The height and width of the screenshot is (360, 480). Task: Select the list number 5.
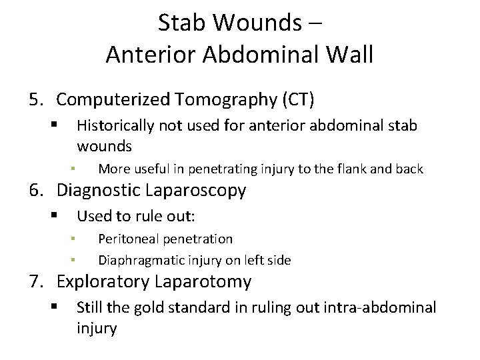pyautogui.click(x=35, y=100)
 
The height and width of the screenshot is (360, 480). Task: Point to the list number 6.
pyautogui.click(x=35, y=191)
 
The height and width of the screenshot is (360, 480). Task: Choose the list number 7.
pyautogui.click(x=35, y=282)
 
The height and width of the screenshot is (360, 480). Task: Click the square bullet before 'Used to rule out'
pyautogui.click(x=54, y=216)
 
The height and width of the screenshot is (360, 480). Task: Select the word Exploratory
pyautogui.click(x=102, y=282)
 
